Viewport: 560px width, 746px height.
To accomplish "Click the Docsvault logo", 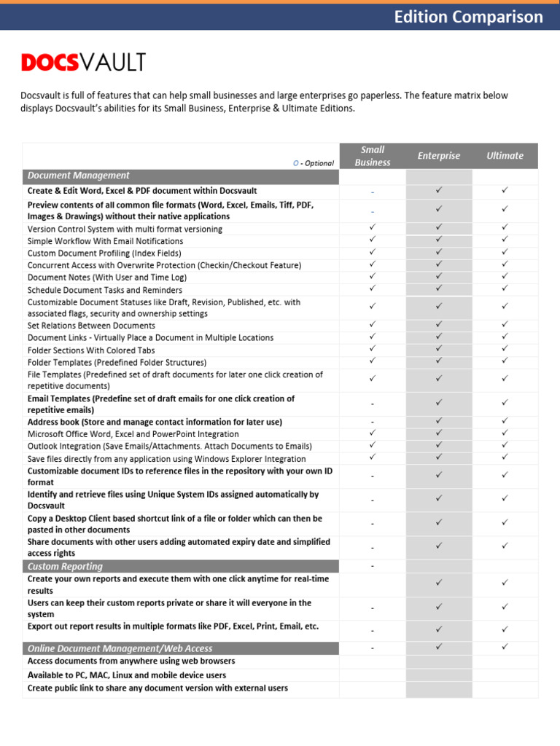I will pos(83,63).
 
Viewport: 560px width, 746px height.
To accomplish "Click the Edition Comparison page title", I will pos(468,17).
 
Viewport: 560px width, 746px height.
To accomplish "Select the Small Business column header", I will pos(373,156).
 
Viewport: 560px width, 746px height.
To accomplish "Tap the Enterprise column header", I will pos(439,156).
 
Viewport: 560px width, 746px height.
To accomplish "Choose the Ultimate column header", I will pos(505,156).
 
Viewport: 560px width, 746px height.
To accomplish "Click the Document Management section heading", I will pos(79,176).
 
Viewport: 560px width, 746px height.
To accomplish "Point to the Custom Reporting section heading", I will pos(65,566).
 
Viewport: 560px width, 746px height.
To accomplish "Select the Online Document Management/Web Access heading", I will pos(120,648).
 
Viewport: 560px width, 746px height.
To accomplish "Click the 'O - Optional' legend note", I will pos(313,163).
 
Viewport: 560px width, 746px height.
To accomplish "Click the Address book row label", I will pos(155,422).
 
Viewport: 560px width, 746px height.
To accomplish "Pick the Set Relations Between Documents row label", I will pos(91,326).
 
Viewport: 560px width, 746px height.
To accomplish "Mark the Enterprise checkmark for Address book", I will pos(439,421).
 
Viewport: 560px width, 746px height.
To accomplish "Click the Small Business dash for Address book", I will pos(373,422).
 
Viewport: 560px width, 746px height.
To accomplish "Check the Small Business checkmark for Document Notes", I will pos(373,277).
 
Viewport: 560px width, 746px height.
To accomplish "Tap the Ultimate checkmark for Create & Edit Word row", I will pos(505,191).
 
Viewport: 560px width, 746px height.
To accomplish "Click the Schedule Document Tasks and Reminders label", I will pos(105,289).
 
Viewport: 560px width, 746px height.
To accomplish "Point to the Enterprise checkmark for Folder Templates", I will pos(439,361).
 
